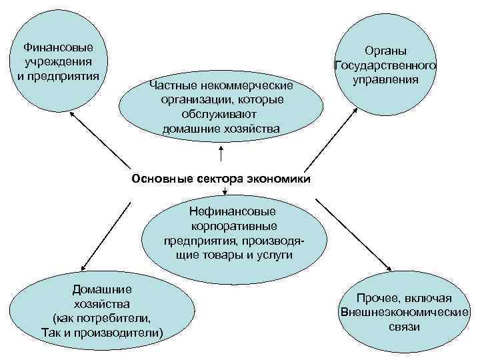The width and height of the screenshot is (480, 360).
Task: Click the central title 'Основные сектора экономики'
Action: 221,178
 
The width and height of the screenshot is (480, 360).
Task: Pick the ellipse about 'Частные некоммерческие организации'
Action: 221,107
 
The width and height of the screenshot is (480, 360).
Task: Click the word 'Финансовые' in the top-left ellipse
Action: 58,48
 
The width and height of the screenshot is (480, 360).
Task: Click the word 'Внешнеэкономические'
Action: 404,312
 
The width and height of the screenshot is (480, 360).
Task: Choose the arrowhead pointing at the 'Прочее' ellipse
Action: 389,268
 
